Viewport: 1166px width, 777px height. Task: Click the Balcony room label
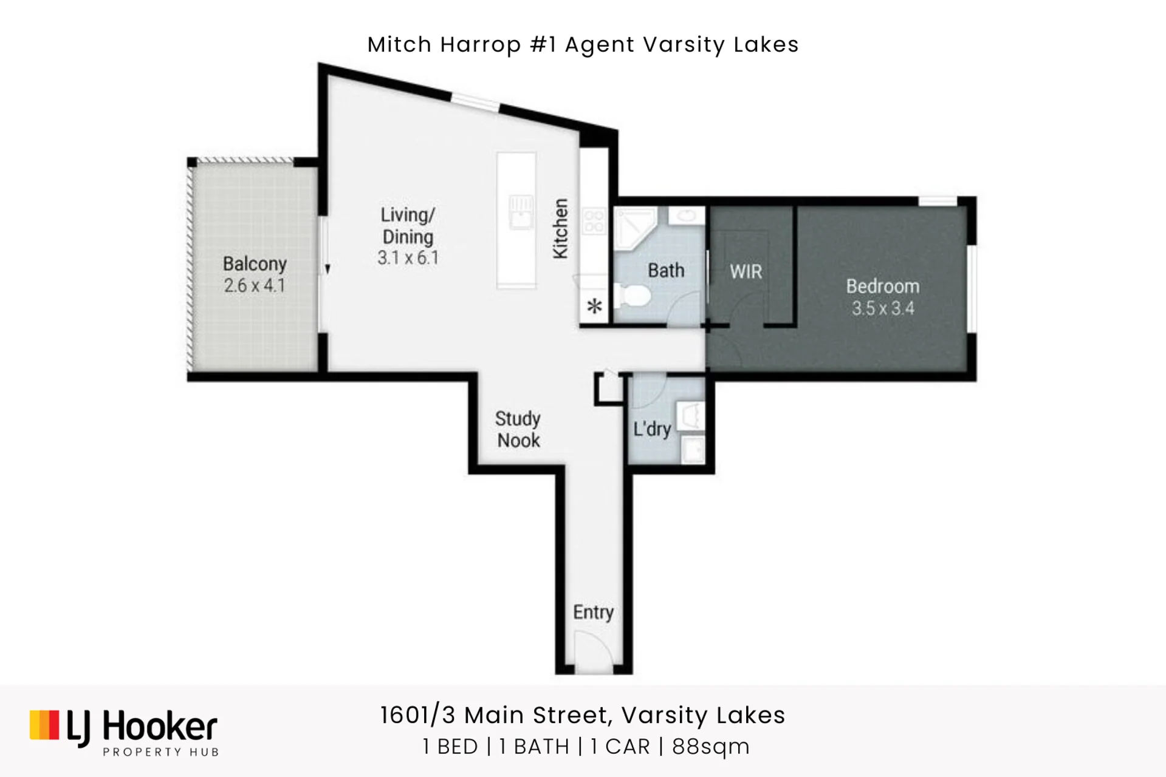tap(255, 264)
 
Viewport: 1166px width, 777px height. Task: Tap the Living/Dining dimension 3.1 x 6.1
tap(408, 258)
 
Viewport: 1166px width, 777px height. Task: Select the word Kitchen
tap(560, 229)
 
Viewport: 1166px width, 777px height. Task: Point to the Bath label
tap(666, 270)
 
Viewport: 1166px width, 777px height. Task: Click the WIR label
tap(746, 271)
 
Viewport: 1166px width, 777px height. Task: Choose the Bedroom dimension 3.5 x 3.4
tap(882, 308)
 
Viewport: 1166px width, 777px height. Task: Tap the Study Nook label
tap(518, 429)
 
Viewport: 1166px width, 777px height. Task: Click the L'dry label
tap(652, 429)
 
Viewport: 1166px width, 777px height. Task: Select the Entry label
tap(593, 612)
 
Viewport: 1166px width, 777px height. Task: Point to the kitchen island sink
tap(520, 212)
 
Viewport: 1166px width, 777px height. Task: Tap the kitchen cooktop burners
tap(594, 221)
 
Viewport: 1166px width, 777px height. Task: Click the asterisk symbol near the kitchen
tap(594, 306)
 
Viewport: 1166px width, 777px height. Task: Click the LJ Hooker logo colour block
tap(44, 725)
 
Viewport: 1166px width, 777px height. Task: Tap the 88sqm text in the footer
tap(710, 746)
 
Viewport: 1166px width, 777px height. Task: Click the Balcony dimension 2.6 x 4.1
tap(255, 285)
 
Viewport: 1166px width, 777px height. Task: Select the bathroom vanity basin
tap(687, 215)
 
